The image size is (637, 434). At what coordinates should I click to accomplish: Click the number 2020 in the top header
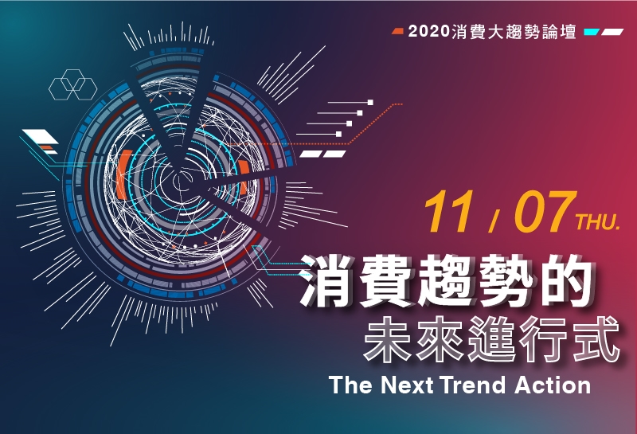pyautogui.click(x=429, y=31)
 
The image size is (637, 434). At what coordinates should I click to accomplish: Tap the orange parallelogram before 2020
pyautogui.click(x=397, y=31)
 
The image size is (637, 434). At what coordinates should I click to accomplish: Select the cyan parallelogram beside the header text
pyautogui.click(x=592, y=32)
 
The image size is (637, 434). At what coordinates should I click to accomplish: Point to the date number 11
pyautogui.click(x=448, y=212)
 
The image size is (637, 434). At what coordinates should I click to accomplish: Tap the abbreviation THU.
pyautogui.click(x=598, y=222)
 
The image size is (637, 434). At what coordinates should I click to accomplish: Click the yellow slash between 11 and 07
pyautogui.click(x=494, y=221)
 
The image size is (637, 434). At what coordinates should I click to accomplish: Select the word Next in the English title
pyautogui.click(x=407, y=385)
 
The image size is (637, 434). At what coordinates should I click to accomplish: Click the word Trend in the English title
pyautogui.click(x=472, y=385)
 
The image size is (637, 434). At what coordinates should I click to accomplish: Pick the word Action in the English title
pyautogui.click(x=553, y=385)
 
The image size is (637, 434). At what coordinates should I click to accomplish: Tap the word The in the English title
pyautogui.click(x=350, y=385)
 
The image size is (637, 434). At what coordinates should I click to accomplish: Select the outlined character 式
pyautogui.click(x=597, y=339)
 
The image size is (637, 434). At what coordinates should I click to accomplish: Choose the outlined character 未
pyautogui.click(x=387, y=339)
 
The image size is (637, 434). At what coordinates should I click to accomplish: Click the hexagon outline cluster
pyautogui.click(x=73, y=84)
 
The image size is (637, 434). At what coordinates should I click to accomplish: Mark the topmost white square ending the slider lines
pyautogui.click(x=370, y=103)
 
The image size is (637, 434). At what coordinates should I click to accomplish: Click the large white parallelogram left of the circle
pyautogui.click(x=41, y=136)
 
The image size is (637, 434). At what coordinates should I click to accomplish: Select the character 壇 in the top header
pyautogui.click(x=569, y=31)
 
